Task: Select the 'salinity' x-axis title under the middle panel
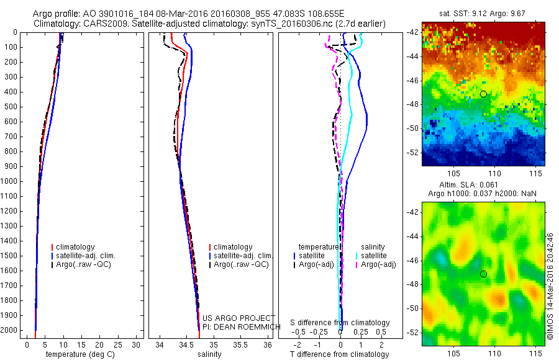tap(209, 354)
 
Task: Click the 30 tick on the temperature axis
tap(138, 344)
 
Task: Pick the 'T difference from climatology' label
tap(340, 354)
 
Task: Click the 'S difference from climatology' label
tap(340, 323)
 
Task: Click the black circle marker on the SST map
tap(483, 94)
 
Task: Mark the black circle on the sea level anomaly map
tap(483, 274)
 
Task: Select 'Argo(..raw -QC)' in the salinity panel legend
tap(241, 264)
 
